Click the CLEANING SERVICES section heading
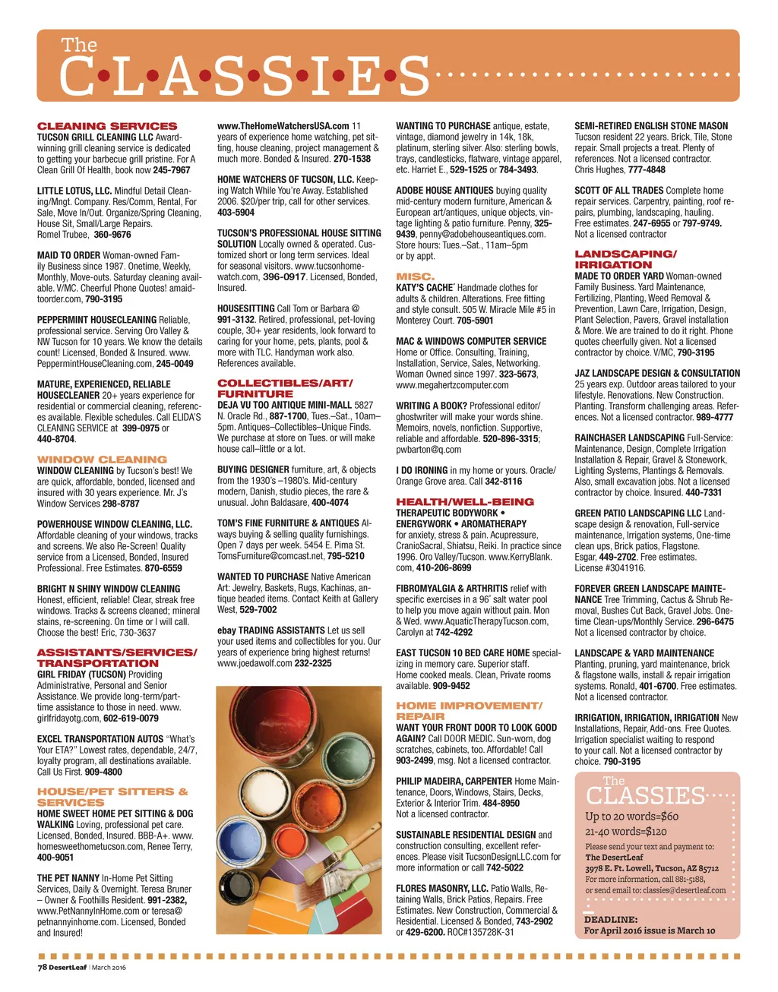coord(107,126)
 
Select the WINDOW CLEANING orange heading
coord(102,460)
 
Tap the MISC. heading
coord(416,277)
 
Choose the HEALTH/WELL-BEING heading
coord(465,502)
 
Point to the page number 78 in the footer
coord(43,968)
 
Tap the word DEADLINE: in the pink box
coord(610,919)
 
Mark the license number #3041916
coord(621,568)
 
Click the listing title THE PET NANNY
coord(68,878)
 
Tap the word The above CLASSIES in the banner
coord(79,46)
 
